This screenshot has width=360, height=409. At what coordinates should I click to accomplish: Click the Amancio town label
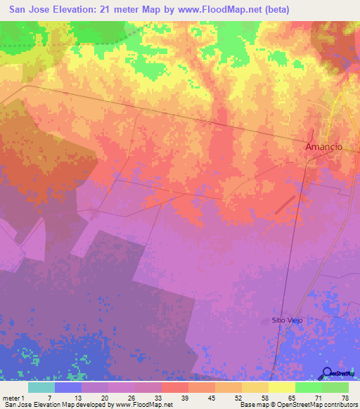tap(323, 147)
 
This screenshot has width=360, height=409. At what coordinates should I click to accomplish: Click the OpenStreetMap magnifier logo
tap(327, 372)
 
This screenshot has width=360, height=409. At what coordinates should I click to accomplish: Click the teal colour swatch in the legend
tap(41, 387)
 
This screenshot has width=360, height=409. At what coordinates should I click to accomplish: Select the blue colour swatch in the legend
tap(68, 387)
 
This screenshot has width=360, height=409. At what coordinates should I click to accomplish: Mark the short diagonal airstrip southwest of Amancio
tap(284, 204)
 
